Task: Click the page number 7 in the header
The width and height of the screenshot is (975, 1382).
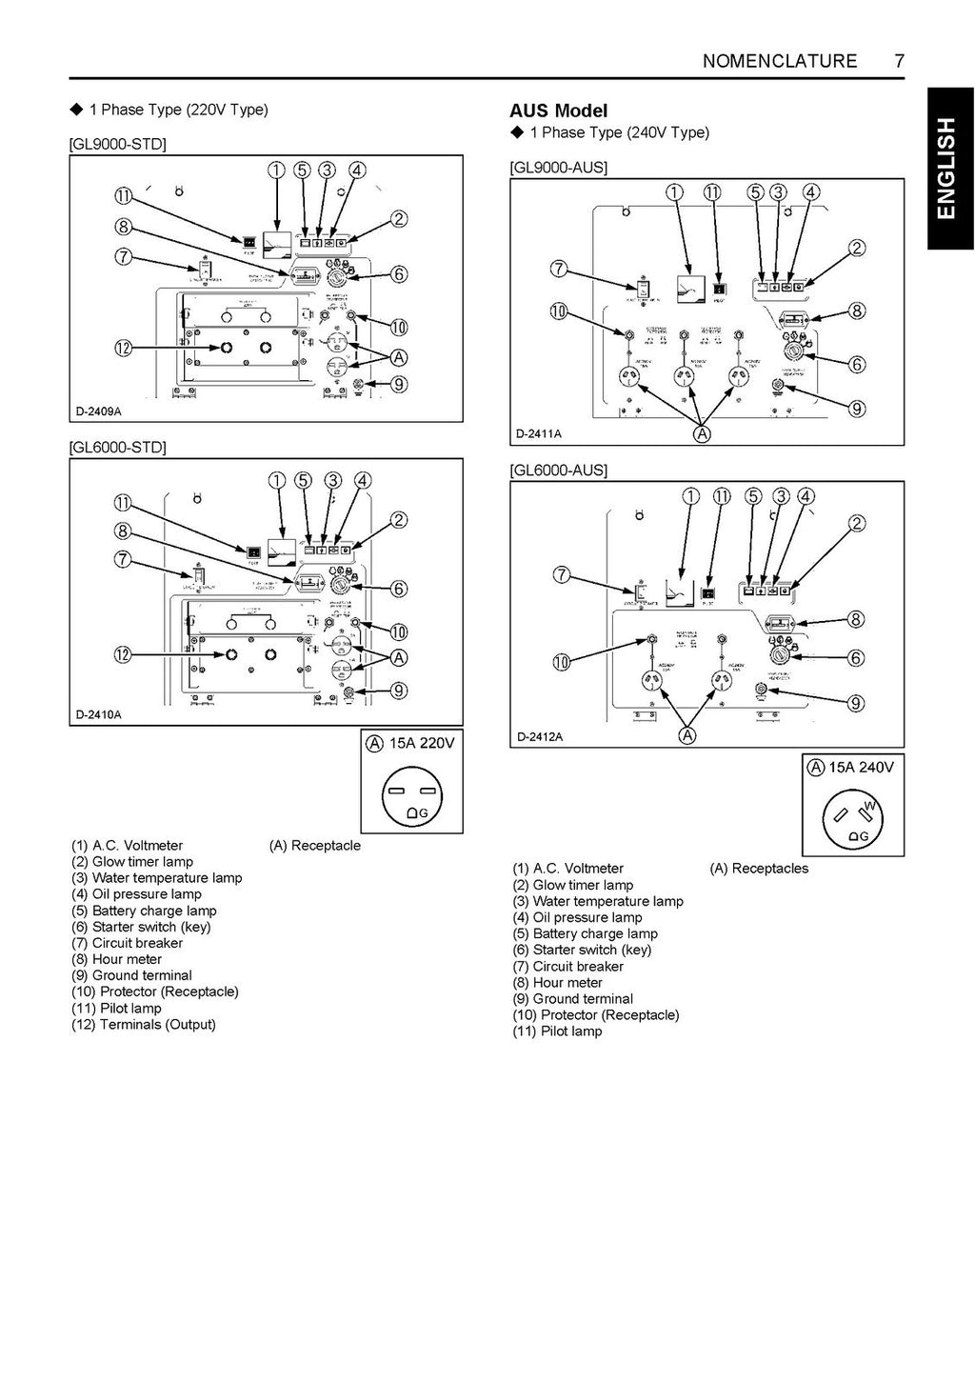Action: click(x=899, y=61)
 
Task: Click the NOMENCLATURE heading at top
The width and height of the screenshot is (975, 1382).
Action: click(x=779, y=61)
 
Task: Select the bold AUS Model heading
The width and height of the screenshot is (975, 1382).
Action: click(x=558, y=110)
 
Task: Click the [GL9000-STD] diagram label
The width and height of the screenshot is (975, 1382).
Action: click(x=118, y=144)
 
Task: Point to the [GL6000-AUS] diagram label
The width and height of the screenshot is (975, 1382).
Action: click(x=559, y=470)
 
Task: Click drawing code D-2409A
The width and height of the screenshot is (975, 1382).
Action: click(x=99, y=411)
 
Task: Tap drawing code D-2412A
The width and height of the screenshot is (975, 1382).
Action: click(x=540, y=736)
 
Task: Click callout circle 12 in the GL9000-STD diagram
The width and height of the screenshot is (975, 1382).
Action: click(x=123, y=349)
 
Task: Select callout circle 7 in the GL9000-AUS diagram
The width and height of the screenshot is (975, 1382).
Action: click(x=559, y=270)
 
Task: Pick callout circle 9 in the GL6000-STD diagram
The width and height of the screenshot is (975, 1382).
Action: click(x=399, y=691)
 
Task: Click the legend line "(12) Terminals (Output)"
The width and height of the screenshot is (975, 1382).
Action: click(x=144, y=1025)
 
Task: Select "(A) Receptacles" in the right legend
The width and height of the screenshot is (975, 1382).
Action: click(x=759, y=869)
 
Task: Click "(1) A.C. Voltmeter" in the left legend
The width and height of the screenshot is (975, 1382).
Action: click(x=128, y=846)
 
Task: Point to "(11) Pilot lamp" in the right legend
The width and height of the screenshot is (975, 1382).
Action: click(x=557, y=1031)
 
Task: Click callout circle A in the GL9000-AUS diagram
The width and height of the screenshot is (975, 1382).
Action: click(x=702, y=434)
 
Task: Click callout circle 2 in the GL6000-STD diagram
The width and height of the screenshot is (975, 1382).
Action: click(x=399, y=520)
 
